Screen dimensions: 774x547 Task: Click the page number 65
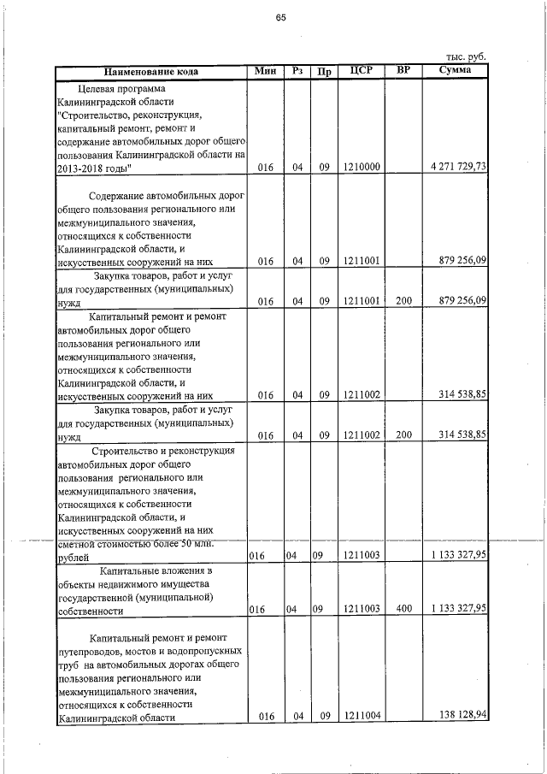[279, 19]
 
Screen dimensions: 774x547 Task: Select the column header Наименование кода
[151, 72]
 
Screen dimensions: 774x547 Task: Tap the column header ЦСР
[362, 71]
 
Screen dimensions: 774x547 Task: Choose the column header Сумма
[456, 70]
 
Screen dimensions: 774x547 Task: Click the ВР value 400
[403, 608]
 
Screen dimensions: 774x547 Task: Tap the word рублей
[73, 557]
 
